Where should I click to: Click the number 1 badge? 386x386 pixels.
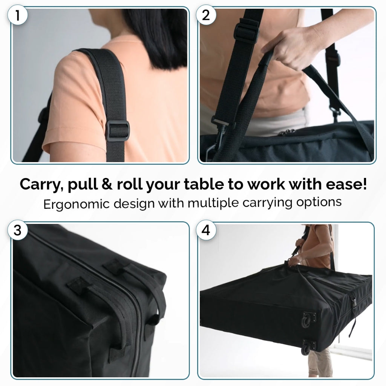(17, 15)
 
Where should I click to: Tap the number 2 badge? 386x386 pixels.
(206, 15)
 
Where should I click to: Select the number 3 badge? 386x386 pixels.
(17, 230)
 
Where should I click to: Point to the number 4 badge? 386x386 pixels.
(206, 230)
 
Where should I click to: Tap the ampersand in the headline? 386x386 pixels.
(107, 184)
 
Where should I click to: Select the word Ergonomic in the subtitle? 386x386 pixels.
(76, 204)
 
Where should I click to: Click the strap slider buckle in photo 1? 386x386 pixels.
(117, 131)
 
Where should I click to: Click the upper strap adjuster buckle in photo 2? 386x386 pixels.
(246, 32)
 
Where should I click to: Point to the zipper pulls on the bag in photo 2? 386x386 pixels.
(287, 132)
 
